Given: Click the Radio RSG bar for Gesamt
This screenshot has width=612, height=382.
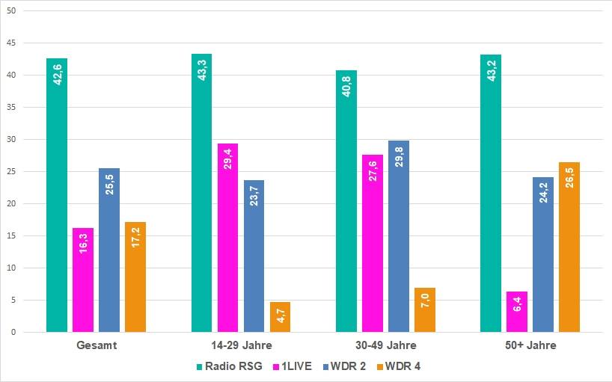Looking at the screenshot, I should (x=57, y=195).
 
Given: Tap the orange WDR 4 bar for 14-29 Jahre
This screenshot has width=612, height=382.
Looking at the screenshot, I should (x=280, y=317).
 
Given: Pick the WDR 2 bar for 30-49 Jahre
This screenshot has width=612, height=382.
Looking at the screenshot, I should (x=399, y=236).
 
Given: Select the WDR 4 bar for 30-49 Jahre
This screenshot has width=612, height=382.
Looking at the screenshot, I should (x=425, y=309).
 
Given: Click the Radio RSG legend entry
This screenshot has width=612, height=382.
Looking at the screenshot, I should (x=227, y=366).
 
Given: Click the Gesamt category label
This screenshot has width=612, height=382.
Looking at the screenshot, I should (x=96, y=346).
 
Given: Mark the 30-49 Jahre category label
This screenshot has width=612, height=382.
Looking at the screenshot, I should (x=385, y=346).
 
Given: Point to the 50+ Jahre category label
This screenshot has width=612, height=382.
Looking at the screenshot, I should (x=530, y=346).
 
